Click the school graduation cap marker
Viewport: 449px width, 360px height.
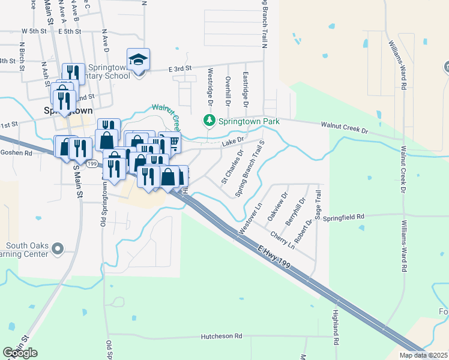pyautogui.click(x=139, y=60)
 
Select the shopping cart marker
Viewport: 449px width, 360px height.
pyautogui.click(x=171, y=143)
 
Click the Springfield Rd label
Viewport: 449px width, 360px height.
pyautogui.click(x=344, y=217)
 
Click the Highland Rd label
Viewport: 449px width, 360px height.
pyautogui.click(x=336, y=327)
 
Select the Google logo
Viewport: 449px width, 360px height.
pyautogui.click(x=20, y=353)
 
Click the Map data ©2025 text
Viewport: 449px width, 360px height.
pyautogui.click(x=423, y=355)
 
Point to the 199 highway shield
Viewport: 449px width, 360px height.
pyautogui.click(x=91, y=163)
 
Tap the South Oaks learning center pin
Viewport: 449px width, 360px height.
pyautogui.click(x=58, y=248)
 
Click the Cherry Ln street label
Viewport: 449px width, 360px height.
pyautogui.click(x=282, y=239)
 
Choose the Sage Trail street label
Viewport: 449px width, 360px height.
pyautogui.click(x=319, y=205)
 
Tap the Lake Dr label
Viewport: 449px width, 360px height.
pyautogui.click(x=233, y=141)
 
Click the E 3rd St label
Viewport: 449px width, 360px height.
pyautogui.click(x=179, y=70)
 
